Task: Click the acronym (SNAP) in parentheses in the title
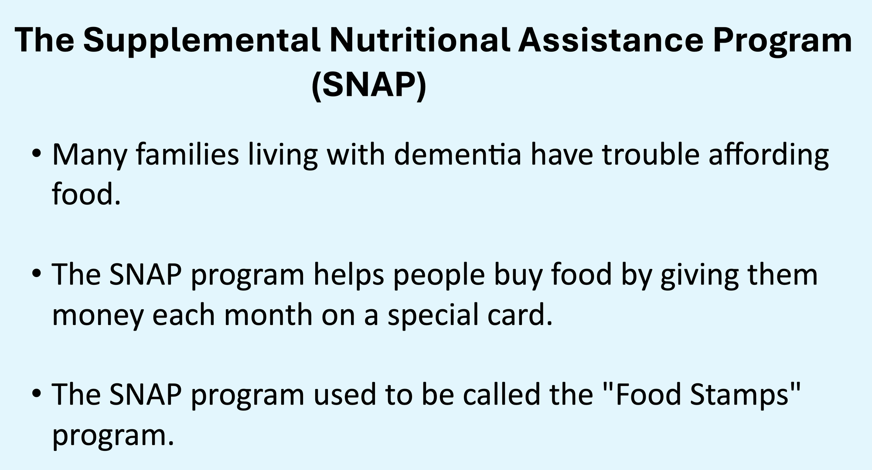369,86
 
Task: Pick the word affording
769,156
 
